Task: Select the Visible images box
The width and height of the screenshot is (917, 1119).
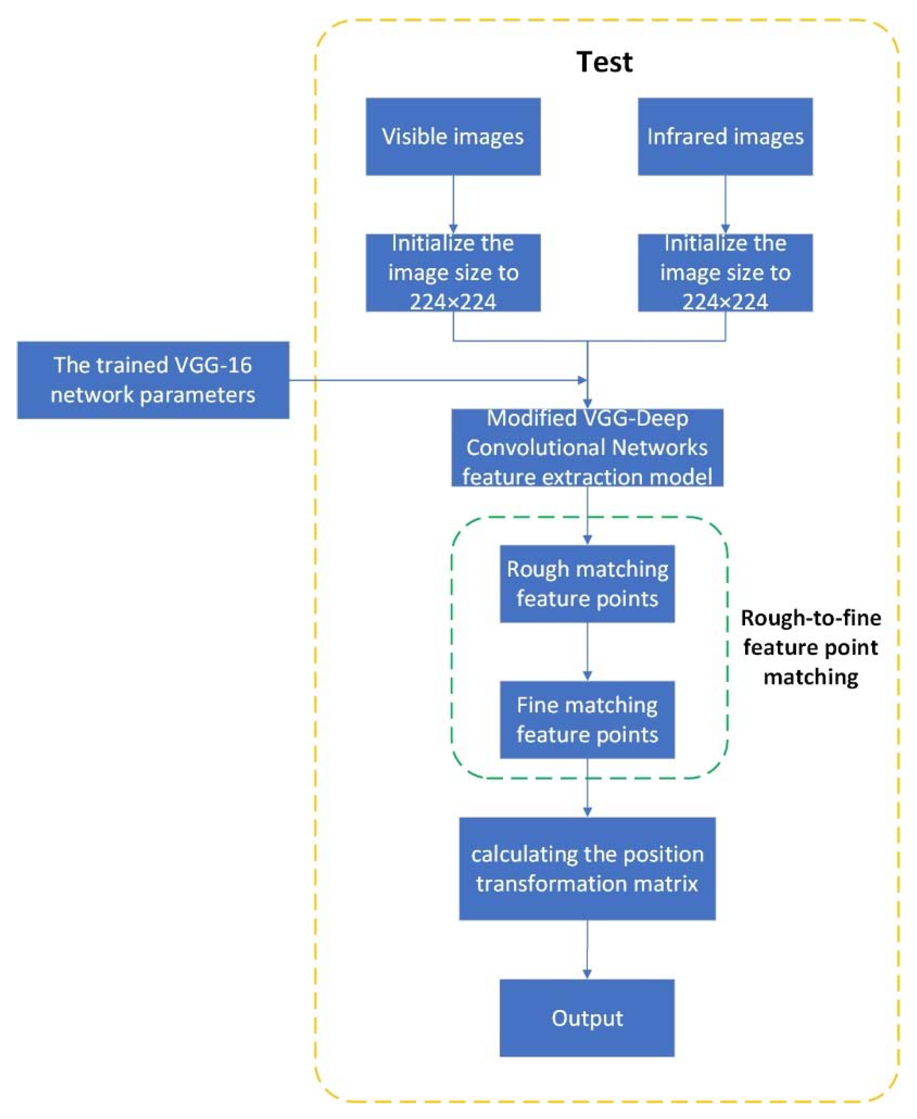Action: coord(453,136)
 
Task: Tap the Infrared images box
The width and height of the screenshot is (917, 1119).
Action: coord(725,136)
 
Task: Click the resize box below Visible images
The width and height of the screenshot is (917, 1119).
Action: coord(453,272)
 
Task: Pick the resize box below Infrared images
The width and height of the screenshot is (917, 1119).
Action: coord(725,272)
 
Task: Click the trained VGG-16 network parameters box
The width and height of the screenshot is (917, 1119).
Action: coord(153,380)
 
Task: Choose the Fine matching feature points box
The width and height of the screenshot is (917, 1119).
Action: coord(587,720)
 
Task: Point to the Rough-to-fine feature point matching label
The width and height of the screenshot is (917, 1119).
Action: coord(810,647)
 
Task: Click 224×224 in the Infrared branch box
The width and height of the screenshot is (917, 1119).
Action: coord(725,302)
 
